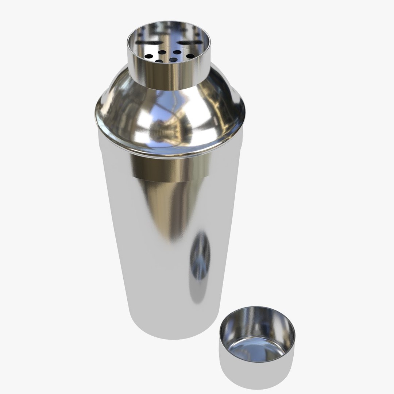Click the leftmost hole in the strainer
tap(149, 57)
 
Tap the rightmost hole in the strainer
tap(190, 56)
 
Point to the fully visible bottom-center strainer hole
tap(173, 59)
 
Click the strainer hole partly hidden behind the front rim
tap(159, 61)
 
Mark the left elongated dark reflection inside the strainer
tap(144, 43)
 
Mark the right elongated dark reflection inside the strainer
tap(191, 43)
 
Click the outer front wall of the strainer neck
tap(170, 75)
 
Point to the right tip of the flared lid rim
tap(244, 109)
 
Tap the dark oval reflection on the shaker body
tap(200, 255)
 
